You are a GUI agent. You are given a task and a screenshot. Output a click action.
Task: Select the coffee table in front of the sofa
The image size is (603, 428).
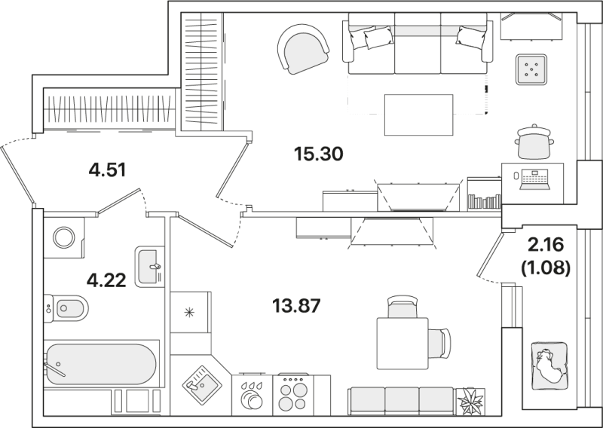418,115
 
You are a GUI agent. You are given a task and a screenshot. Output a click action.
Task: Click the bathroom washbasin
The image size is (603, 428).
150,267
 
